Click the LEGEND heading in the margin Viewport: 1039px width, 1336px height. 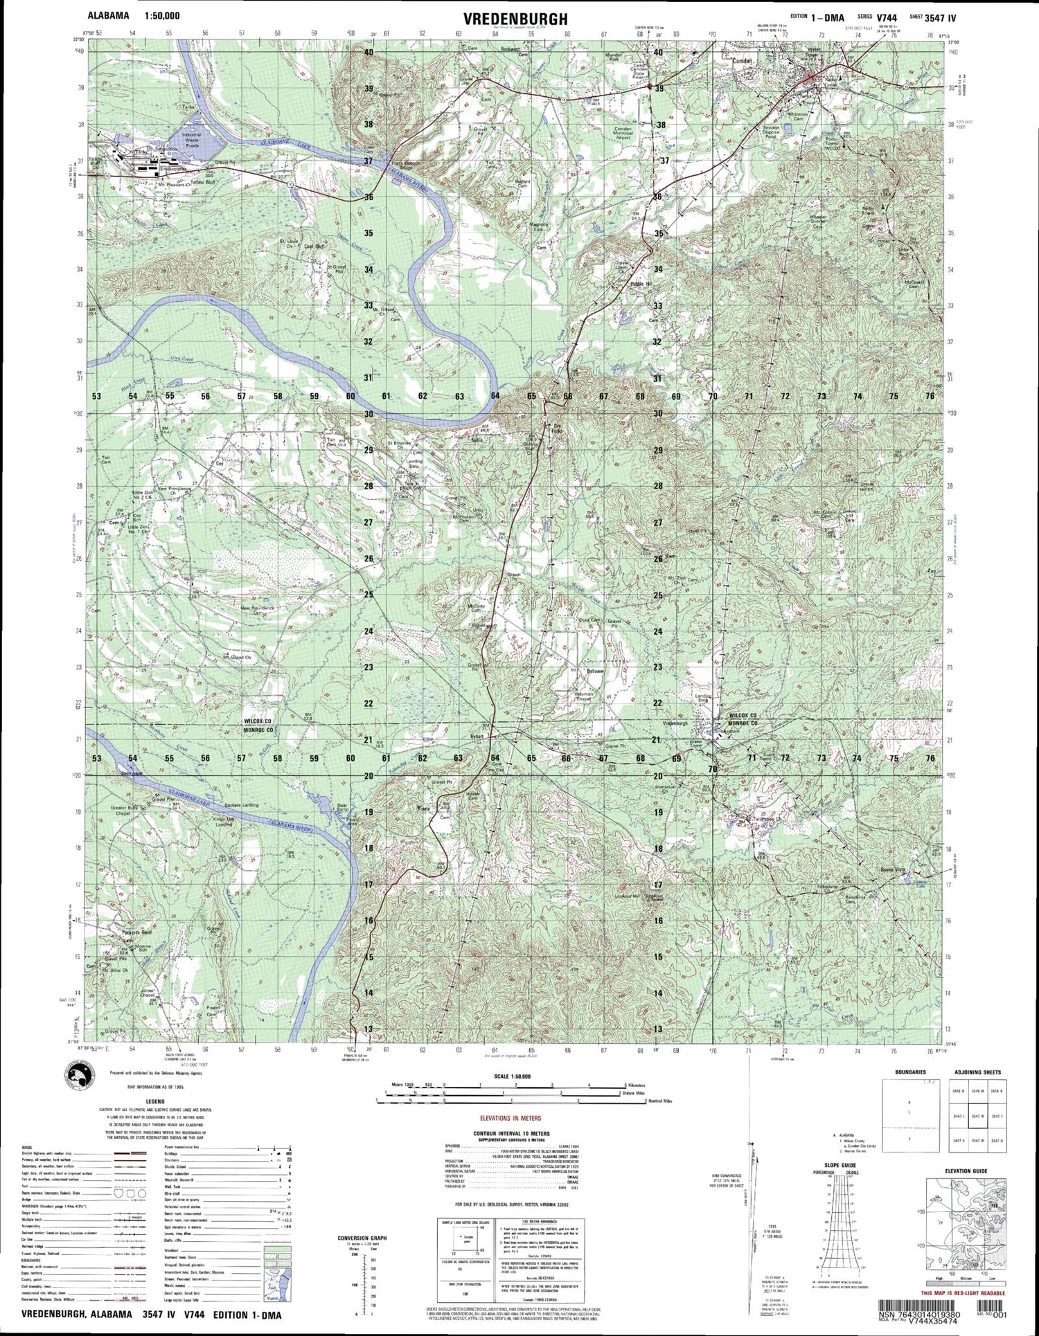point(154,1101)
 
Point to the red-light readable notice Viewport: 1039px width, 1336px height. point(963,1294)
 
